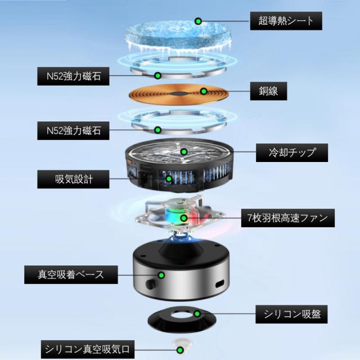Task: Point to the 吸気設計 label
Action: [x=74, y=179]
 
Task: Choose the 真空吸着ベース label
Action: [x=71, y=275]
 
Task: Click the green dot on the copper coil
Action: [x=204, y=91]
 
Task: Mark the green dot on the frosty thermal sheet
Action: [x=198, y=21]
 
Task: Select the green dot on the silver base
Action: [x=161, y=275]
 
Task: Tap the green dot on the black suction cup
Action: [x=197, y=313]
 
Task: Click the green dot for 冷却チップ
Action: [x=183, y=151]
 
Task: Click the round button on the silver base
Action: [x=152, y=281]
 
